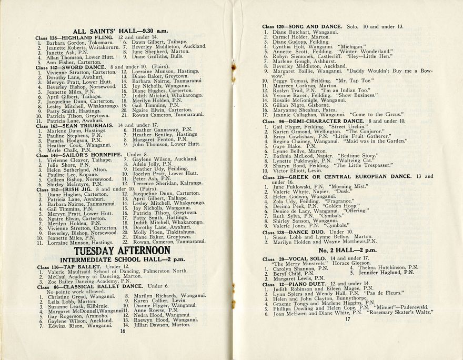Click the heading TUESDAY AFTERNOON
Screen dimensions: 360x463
tap(122, 251)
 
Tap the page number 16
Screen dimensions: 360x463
tap(122, 331)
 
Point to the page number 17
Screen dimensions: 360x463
tap(347, 319)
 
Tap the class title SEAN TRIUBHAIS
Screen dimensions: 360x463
tap(85, 126)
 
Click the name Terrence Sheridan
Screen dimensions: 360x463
tap(153, 184)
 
